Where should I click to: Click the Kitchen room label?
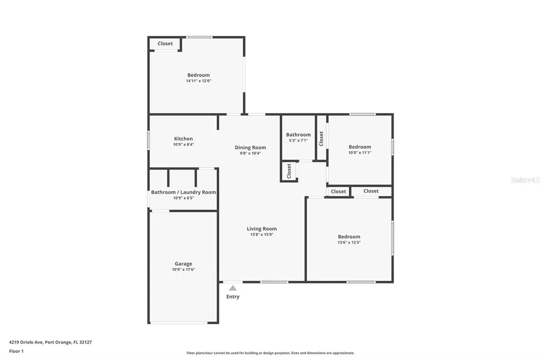pos(183,139)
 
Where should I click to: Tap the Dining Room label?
pos(250,147)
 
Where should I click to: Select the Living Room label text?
pos(262,229)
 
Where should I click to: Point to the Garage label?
pos(183,263)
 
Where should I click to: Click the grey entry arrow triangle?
pos(233,288)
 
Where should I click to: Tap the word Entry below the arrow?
pos(233,297)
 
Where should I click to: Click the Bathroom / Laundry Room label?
pos(183,192)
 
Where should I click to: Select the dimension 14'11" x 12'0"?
pos(199,81)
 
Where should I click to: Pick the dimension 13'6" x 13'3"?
pos(349,243)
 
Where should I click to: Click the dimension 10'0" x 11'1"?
pos(360,153)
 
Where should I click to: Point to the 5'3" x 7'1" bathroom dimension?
pos(299,140)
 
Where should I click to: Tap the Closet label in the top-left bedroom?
pos(165,44)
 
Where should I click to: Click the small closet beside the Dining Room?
pos(289,170)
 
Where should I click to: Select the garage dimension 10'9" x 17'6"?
pos(183,269)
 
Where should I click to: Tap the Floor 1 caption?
pos(16,351)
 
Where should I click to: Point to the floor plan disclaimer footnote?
pos(270,353)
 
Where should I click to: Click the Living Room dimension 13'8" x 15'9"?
pos(262,234)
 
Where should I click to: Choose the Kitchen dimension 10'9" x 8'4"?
pos(183,145)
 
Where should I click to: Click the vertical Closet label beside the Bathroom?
pos(321,138)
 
